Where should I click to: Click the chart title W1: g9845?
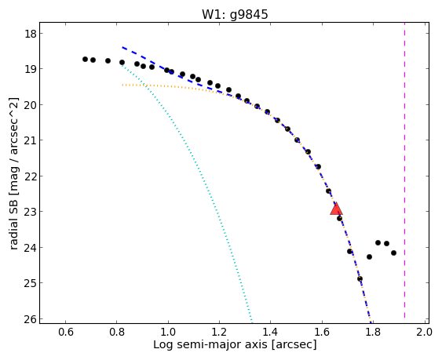tap(235, 14)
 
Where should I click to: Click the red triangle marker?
tap(336, 209)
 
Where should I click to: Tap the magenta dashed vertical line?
tap(405, 173)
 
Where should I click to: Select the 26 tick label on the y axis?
tap(30, 319)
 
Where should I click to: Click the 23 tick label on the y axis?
tap(30, 212)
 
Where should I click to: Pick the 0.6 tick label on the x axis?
tap(66, 332)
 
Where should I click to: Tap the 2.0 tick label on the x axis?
tap(423, 332)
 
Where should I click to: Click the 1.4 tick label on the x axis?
tap(270, 332)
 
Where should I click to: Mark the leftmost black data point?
tap(85, 59)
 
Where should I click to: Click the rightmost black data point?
tap(393, 253)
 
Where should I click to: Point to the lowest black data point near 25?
tap(360, 279)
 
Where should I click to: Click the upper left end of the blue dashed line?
tap(122, 47)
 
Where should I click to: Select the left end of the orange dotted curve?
tap(122, 85)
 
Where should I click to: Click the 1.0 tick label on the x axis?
tap(168, 332)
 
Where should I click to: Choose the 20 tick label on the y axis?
tap(30, 105)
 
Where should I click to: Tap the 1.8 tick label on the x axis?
tap(373, 332)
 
